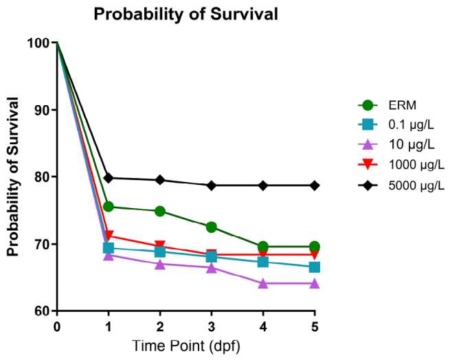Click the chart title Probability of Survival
pos(185,14)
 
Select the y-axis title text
pos(13,177)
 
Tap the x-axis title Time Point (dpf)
pos(186,346)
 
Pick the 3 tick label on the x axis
pos(212,327)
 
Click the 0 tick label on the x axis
pos(57,327)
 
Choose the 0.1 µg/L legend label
pos(412,125)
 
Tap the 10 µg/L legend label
pos(412,145)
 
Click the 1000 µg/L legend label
pos(416,165)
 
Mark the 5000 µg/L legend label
pos(416,185)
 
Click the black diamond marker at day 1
pos(109,178)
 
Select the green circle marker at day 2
pos(160,212)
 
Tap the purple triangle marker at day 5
pos(315,284)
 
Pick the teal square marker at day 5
pos(315,267)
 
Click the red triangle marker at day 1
pos(109,236)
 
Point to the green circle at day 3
pos(212,227)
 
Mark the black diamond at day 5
pos(315,185)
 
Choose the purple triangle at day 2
pos(160,264)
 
